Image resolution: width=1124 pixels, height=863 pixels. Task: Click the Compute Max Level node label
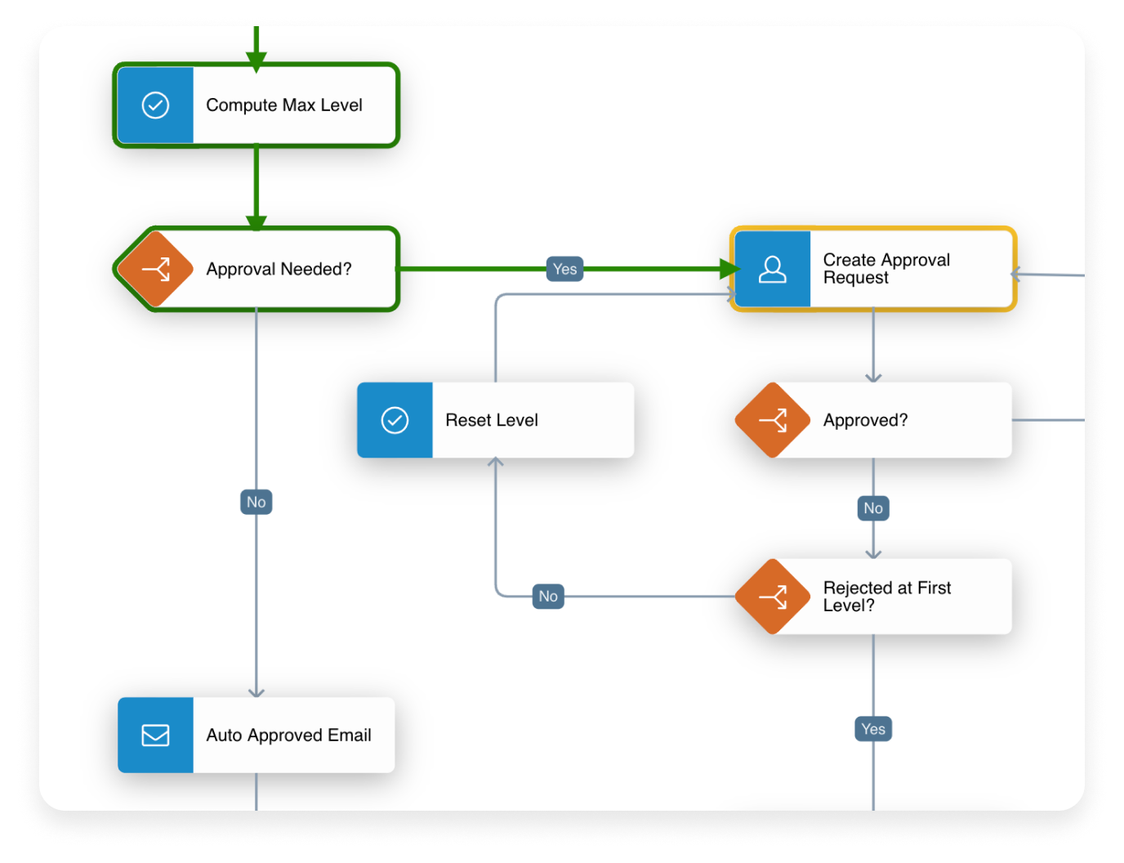pyautogui.click(x=283, y=105)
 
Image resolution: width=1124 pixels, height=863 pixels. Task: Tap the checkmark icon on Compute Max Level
pyautogui.click(x=155, y=105)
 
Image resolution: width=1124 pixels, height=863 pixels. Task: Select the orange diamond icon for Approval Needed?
pyautogui.click(x=155, y=269)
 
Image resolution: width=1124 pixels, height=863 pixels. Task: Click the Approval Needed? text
pyautogui.click(x=279, y=269)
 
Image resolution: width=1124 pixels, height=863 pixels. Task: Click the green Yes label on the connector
pyautogui.click(x=564, y=269)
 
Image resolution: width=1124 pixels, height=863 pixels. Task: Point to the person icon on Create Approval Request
pyautogui.click(x=772, y=269)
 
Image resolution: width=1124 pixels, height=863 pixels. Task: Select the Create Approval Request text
pyautogui.click(x=886, y=269)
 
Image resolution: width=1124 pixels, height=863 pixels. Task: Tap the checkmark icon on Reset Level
pyautogui.click(x=395, y=420)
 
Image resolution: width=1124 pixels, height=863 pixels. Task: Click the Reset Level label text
pyautogui.click(x=491, y=420)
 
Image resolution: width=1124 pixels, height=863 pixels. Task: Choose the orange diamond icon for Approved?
pyautogui.click(x=772, y=420)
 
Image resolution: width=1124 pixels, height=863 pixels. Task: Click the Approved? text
pyautogui.click(x=865, y=420)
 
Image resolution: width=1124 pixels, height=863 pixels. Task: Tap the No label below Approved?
pyautogui.click(x=873, y=508)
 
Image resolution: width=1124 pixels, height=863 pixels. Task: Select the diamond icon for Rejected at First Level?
pyautogui.click(x=772, y=597)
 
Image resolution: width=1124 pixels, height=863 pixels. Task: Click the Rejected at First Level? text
pyautogui.click(x=886, y=597)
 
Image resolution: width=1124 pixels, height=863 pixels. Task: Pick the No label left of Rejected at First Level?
pyautogui.click(x=548, y=597)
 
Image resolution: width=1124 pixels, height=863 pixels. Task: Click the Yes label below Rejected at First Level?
pyautogui.click(x=873, y=729)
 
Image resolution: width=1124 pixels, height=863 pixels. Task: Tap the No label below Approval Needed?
pyautogui.click(x=256, y=502)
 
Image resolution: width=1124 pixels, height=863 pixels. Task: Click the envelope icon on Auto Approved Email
pyautogui.click(x=155, y=735)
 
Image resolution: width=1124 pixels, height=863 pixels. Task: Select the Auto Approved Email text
pyautogui.click(x=288, y=735)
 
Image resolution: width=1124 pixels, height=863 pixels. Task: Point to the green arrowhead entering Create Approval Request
pyautogui.click(x=729, y=269)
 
